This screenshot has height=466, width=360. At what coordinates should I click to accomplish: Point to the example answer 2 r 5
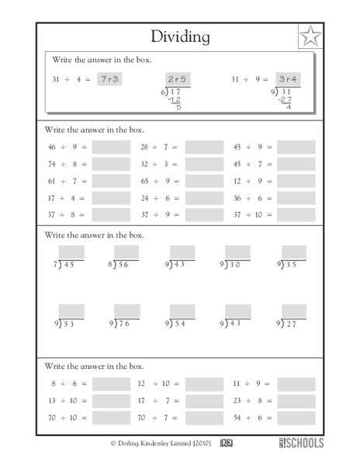pos(178,79)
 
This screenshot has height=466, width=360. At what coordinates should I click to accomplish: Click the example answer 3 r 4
pos(289,79)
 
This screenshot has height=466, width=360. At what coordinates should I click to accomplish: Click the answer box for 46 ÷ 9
pos(111,146)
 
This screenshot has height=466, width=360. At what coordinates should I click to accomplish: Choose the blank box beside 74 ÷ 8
pos(111,164)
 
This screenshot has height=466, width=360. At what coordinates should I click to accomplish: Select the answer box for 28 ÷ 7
pos(204,146)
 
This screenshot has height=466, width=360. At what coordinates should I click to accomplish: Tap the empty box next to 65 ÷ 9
pos(204,181)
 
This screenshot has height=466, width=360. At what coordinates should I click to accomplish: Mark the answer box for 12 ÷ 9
pos(296,181)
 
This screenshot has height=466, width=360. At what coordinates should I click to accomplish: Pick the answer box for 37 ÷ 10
pos(296,215)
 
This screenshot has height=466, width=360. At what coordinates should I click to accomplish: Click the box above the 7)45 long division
pos(71,252)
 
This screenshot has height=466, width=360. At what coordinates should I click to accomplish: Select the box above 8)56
pos(126,252)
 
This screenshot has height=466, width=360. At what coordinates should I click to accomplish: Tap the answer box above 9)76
pos(126,311)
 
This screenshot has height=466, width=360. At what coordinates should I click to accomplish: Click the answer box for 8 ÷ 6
pos(111,384)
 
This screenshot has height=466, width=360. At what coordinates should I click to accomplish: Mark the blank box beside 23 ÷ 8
pos(296,401)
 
